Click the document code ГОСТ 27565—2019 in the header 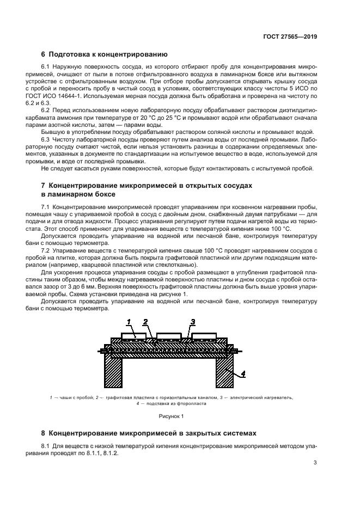pyautogui.click(x=290, y=37)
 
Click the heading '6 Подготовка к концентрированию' pyautogui.click(x=105, y=54)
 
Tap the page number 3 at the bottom pyautogui.click(x=315, y=463)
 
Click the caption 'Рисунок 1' pyautogui.click(x=172, y=416)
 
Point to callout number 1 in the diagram pyautogui.click(x=129, y=321)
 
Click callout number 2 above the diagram pyautogui.click(x=145, y=321)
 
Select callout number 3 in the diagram pyautogui.click(x=193, y=321)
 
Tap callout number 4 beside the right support pyautogui.click(x=243, y=373)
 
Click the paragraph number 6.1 pyautogui.click(x=46, y=66)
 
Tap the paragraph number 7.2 pyautogui.click(x=46, y=250)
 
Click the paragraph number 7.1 pyautogui.click(x=46, y=207)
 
